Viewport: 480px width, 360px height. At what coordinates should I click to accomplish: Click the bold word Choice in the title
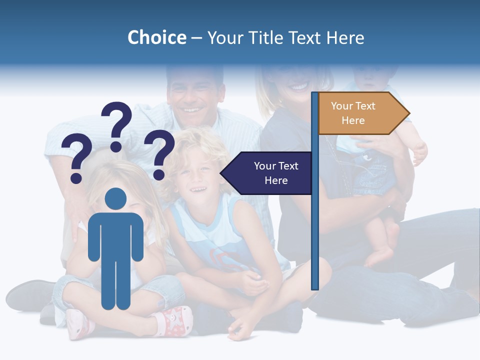tap(156, 37)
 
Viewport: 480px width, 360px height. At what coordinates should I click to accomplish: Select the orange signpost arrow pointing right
tap(362, 113)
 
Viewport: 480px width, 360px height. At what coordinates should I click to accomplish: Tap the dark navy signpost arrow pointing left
tap(267, 173)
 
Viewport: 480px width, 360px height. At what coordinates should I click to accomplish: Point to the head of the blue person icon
tap(116, 198)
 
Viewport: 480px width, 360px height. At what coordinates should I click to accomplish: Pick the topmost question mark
tap(116, 125)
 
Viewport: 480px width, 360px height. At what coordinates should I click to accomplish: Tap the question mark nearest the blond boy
tap(159, 153)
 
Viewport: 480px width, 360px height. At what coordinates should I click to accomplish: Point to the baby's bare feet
tap(382, 250)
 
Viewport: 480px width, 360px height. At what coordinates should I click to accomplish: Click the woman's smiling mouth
tap(299, 87)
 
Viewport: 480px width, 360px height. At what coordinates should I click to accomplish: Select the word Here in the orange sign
tap(353, 120)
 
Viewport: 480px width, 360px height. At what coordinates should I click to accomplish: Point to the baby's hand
tap(419, 152)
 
